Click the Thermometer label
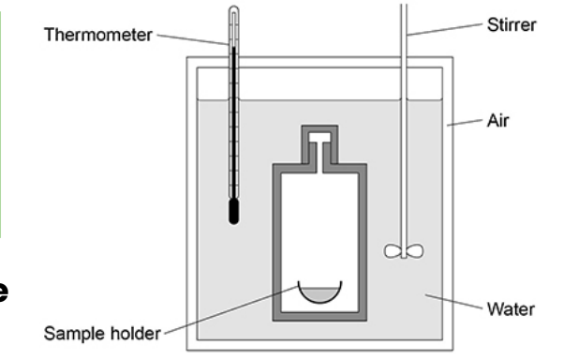[98, 35]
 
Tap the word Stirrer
[512, 24]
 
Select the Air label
[497, 121]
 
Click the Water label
[511, 309]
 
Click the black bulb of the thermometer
[234, 211]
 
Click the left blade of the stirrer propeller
[393, 251]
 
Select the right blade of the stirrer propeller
[415, 251]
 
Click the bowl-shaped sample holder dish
[319, 300]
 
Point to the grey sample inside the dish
[319, 294]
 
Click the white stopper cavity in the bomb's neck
[319, 137]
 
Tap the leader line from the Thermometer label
[193, 40]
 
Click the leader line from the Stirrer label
[445, 29]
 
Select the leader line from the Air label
[465, 122]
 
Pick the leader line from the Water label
[453, 302]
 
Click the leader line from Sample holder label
[231, 309]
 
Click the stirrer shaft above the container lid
[404, 31]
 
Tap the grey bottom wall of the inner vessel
[319, 317]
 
